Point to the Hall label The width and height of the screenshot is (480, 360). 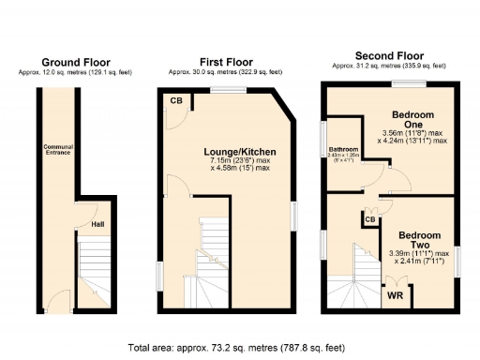coord(97,225)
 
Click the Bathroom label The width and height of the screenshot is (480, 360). coord(343,152)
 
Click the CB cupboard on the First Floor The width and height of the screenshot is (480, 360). coord(175,100)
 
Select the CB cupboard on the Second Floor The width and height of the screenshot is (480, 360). coord(371,219)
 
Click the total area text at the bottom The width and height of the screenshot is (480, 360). coord(240,347)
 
